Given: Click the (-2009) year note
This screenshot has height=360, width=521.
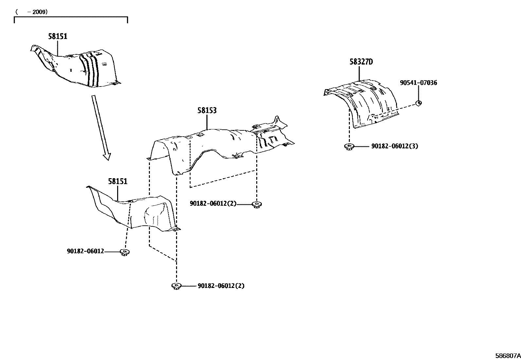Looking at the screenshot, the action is [32, 12].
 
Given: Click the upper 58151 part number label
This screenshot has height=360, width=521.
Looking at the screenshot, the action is [58, 36].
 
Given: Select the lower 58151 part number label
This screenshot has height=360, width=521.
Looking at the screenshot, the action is [118, 181].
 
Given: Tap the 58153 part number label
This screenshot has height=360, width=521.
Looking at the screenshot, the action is [207, 110].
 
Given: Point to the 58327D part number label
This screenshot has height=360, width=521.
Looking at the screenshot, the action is [361, 62].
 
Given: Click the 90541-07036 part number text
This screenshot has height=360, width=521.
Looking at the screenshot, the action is [419, 83].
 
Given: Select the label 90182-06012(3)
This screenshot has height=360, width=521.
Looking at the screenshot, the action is [395, 146].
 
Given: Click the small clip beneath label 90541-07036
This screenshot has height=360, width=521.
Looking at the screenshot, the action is [419, 103].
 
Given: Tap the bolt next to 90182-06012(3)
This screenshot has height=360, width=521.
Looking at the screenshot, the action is [349, 147].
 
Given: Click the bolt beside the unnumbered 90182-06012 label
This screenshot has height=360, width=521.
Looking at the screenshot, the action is [125, 252].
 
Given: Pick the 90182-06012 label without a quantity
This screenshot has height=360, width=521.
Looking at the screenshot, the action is [85, 251].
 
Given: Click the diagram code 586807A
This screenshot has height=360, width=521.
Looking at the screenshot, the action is [508, 356].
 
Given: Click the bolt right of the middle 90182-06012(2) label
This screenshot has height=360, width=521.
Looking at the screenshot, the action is [257, 205].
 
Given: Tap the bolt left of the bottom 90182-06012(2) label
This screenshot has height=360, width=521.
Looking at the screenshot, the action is [176, 286].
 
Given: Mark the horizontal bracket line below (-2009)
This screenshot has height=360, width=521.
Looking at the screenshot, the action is [71, 17].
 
